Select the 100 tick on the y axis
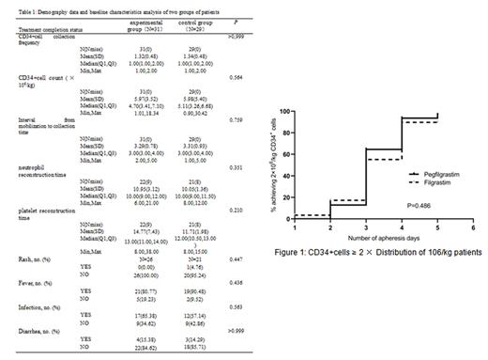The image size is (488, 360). click(x=284, y=113)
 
